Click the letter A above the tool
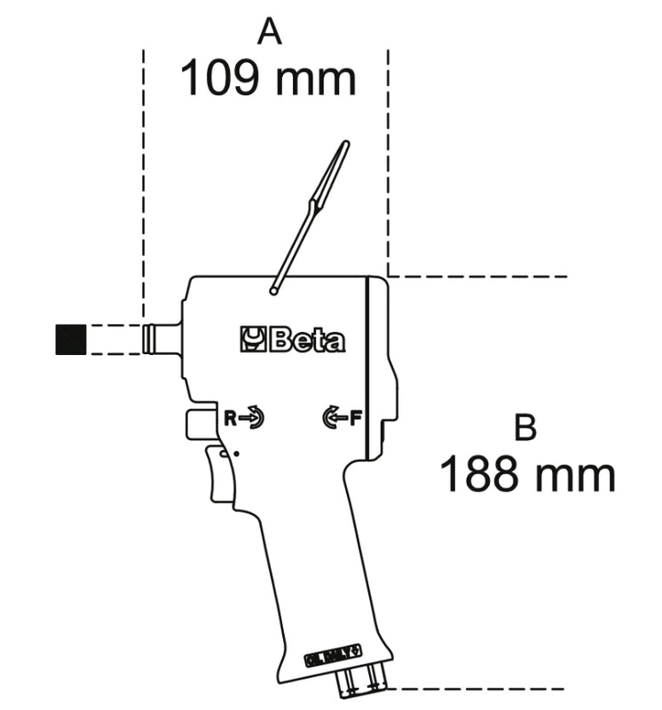click(x=269, y=33)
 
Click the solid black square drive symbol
click(x=70, y=339)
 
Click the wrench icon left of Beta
click(x=253, y=339)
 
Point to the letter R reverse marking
click(x=230, y=417)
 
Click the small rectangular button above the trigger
click(x=201, y=423)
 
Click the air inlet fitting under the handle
click(x=363, y=681)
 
